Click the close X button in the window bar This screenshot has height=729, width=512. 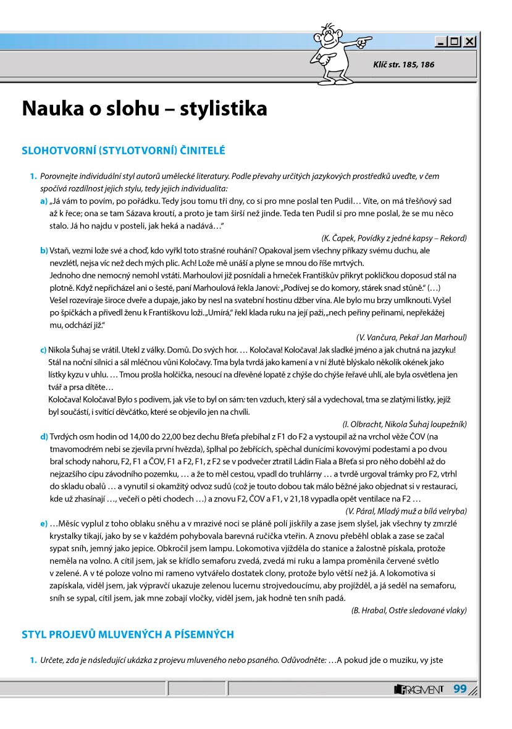(471, 42)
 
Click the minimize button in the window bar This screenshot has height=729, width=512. (441, 42)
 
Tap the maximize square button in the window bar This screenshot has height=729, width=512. (455, 42)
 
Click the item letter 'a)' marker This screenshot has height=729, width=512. (44, 201)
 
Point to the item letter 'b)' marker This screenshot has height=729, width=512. (44, 251)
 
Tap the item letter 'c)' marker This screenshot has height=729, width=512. (44, 350)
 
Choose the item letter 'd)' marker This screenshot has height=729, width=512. (44, 436)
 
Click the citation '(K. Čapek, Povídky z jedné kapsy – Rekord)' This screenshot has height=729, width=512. (394, 238)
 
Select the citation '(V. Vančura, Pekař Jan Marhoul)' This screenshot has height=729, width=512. (411, 337)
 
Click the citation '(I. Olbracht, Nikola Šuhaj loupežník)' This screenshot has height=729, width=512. (404, 424)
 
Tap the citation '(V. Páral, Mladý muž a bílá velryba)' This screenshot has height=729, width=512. (406, 510)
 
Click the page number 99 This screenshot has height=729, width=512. (460, 688)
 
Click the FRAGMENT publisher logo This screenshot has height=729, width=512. (419, 689)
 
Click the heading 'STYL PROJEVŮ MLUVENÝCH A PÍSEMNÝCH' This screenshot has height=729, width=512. (128, 634)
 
